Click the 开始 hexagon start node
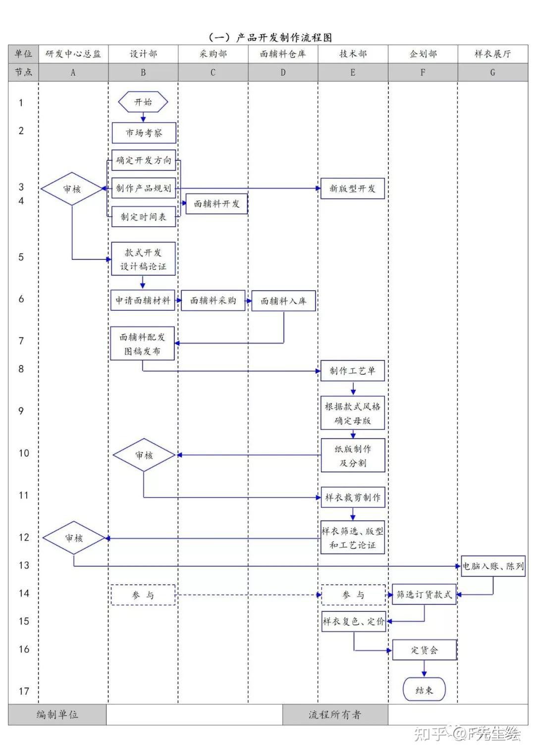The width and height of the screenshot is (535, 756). coord(143,102)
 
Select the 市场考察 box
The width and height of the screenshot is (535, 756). coord(144,133)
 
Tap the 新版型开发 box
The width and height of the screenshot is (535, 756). coord(352,189)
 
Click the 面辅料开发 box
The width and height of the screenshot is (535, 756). coord(216,203)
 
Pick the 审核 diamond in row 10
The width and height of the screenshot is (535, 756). coord(144,455)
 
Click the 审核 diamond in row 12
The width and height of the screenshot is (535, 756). coord(74,538)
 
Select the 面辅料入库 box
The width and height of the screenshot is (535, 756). coord(283,301)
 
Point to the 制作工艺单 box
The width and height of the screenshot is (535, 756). coord(352,371)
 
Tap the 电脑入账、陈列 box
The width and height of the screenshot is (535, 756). coord(493,566)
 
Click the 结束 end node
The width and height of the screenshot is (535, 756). coord(424,690)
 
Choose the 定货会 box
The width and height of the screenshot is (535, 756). coord(424,650)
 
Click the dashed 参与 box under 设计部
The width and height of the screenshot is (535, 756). coord(143,595)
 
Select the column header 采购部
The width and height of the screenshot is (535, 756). coord(213,54)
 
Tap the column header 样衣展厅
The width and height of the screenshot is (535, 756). coord(492,54)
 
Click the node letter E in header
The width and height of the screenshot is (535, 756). coord(353,72)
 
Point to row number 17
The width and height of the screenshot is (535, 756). coord(24,691)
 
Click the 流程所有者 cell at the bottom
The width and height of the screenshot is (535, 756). coord(335,714)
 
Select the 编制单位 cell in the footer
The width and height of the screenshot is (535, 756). coord(57,714)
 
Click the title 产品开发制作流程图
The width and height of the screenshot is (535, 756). coord(270,38)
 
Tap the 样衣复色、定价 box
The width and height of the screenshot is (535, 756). coord(354,621)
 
